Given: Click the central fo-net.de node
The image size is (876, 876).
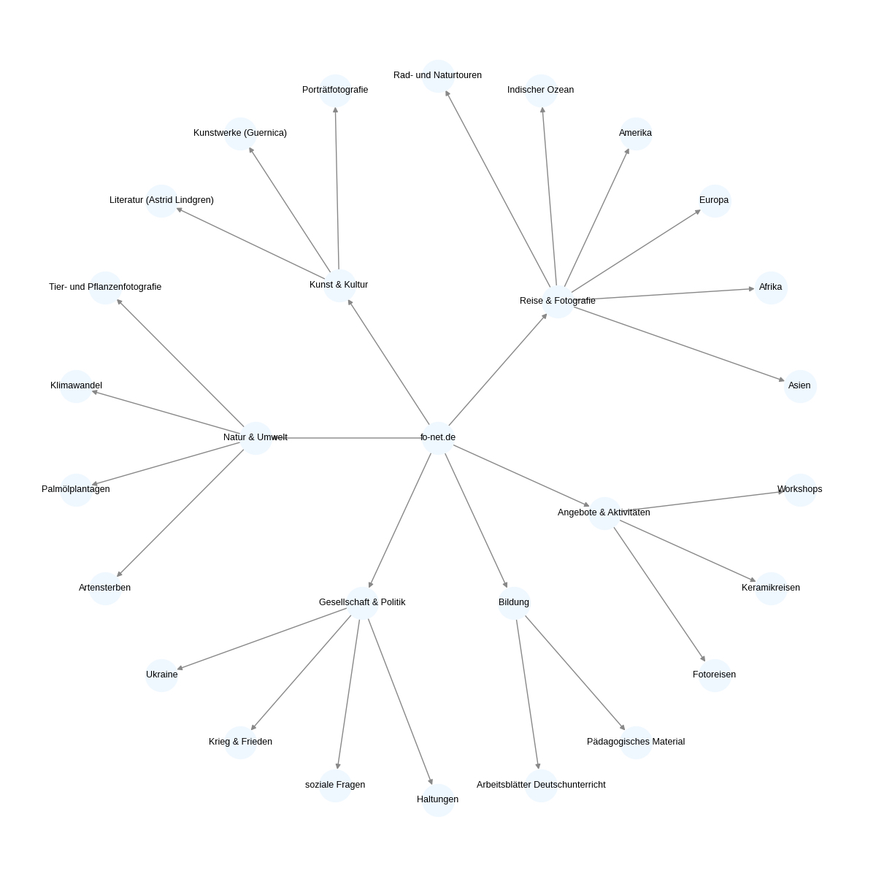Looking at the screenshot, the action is (x=438, y=438).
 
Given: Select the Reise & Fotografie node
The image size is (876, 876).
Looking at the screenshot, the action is (x=558, y=301).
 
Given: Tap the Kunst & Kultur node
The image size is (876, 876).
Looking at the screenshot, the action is (x=339, y=285).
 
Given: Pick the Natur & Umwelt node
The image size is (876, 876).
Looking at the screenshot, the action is (x=256, y=438).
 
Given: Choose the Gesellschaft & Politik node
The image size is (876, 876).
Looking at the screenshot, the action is (x=362, y=603).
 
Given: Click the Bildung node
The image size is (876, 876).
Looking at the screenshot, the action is (x=514, y=603).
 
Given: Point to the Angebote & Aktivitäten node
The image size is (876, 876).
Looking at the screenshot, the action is (x=604, y=513).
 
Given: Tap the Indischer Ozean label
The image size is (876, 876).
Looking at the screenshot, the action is (x=540, y=90).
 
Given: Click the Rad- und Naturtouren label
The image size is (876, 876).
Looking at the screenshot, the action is (x=437, y=75).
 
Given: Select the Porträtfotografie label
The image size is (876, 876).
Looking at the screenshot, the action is (x=335, y=90).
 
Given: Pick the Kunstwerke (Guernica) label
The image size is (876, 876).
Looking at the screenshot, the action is (x=240, y=133).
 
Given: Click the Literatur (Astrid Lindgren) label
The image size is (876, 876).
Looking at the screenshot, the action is (x=161, y=200).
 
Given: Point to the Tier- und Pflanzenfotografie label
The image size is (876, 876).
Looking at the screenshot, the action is (x=105, y=287).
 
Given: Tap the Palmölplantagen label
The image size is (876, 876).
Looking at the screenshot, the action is (x=75, y=489).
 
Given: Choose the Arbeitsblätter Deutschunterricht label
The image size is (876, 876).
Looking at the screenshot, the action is (x=541, y=785).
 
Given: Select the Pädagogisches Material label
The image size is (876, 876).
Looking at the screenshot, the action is (x=636, y=742).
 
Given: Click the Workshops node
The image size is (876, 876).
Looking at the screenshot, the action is (x=800, y=490).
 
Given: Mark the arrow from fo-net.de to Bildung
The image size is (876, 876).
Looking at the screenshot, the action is (x=476, y=520).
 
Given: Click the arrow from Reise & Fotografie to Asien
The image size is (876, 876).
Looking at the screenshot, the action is (x=679, y=344).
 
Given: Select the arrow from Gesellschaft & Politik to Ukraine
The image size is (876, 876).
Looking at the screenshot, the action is (x=262, y=639).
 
